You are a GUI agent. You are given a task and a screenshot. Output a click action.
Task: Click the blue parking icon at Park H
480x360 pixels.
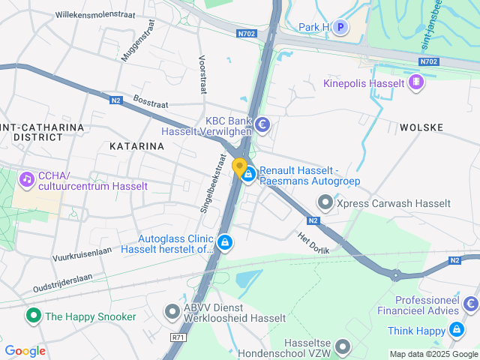340,28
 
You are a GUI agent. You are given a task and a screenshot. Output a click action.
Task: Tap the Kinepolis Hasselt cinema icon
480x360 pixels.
416,82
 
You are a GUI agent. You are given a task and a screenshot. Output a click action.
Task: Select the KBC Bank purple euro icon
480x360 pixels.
262,124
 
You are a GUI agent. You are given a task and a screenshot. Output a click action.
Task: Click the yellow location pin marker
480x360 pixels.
239,167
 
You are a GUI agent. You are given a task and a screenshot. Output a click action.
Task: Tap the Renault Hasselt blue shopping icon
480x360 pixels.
248,174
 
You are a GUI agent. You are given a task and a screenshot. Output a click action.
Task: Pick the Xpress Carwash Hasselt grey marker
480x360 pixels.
325,202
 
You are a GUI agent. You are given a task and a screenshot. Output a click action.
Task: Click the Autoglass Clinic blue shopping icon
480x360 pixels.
225,242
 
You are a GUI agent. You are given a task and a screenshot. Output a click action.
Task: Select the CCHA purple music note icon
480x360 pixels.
27,179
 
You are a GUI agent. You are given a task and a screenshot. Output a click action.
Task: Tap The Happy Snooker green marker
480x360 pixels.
32,316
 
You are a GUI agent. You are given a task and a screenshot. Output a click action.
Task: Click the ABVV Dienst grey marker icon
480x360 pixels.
172,310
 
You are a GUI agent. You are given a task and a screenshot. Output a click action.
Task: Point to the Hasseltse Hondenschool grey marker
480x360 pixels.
343,346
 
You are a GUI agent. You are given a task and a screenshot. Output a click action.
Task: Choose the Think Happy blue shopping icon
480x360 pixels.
456,330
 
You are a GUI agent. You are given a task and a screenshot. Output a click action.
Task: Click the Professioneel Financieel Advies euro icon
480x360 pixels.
470,304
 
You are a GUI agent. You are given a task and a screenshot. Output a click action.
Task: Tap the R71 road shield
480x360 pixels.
178,337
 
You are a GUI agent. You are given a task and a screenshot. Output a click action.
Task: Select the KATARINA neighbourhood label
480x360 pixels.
136,146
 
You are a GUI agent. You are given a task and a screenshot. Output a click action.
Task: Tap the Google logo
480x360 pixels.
25,350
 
